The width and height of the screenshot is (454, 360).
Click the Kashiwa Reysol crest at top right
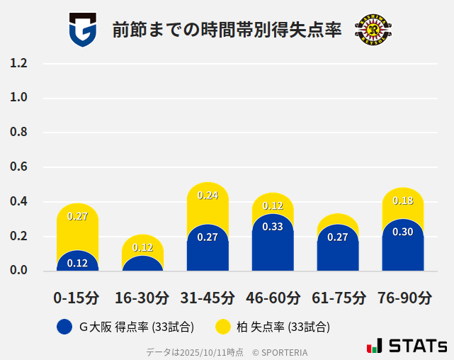click(x=373, y=30)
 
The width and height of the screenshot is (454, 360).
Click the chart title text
click(x=227, y=30)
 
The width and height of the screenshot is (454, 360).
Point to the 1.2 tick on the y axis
click(x=18, y=63)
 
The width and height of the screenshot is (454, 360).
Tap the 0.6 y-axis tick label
click(x=18, y=167)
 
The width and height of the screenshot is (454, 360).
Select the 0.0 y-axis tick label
click(x=18, y=270)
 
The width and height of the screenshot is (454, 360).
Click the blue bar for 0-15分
click(x=77, y=262)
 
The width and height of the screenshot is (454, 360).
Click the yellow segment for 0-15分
click(x=77, y=227)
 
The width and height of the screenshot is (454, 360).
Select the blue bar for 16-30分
click(x=142, y=264)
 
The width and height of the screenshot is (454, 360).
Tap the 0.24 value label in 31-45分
click(x=208, y=195)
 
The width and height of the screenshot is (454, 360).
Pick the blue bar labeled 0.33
click(x=273, y=244)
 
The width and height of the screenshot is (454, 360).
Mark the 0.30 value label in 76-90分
click(x=403, y=232)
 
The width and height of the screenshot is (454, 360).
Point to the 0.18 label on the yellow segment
click(x=403, y=201)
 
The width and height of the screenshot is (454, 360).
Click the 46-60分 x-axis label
click(x=273, y=298)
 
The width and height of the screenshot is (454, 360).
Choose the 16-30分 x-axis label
click(x=142, y=298)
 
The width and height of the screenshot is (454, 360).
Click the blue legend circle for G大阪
click(x=64, y=327)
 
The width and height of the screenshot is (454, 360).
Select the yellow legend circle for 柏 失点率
click(x=223, y=327)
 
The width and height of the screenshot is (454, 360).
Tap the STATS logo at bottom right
click(x=407, y=346)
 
